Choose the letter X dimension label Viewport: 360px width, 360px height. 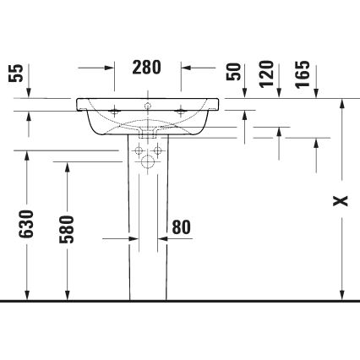340,200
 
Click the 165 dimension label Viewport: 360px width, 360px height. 303,74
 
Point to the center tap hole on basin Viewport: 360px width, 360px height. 147,106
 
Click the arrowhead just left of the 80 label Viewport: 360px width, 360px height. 163,239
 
